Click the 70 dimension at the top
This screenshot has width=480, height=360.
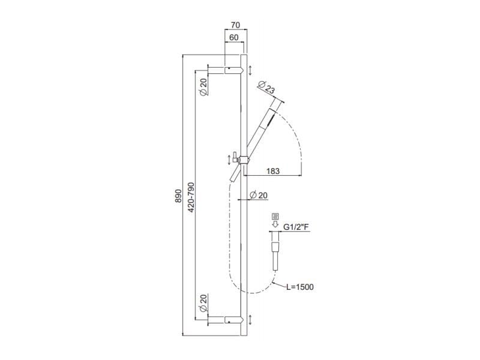coord(235,26)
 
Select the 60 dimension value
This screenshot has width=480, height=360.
coord(233,37)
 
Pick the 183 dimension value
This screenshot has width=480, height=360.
coord(272,171)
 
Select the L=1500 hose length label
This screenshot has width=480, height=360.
coord(299,287)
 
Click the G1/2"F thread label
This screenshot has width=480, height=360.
coord(295,227)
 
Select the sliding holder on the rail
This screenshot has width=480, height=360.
coord(242,160)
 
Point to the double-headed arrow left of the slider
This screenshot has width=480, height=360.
coord(228,160)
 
